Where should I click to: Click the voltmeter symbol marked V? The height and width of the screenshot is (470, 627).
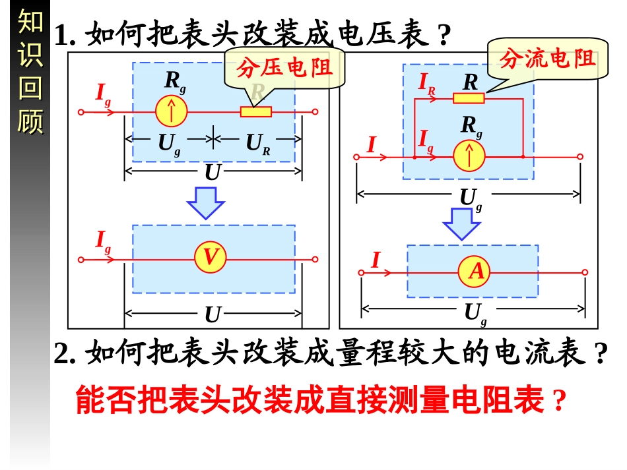(211, 258)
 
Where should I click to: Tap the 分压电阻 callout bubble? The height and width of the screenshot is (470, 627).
(284, 67)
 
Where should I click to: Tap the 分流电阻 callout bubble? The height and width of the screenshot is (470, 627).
(547, 59)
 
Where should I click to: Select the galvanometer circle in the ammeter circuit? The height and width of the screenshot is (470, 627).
(469, 156)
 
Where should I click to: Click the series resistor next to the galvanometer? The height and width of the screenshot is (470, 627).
(256, 111)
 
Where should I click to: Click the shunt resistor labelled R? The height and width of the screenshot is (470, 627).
(469, 99)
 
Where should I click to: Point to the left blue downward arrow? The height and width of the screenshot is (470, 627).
(205, 202)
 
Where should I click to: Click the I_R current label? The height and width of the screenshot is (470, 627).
(427, 83)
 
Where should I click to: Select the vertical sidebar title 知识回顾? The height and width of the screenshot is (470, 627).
(30, 72)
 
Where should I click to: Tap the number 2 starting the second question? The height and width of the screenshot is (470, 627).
(63, 355)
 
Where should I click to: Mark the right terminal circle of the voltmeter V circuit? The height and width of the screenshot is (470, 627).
(315, 259)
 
